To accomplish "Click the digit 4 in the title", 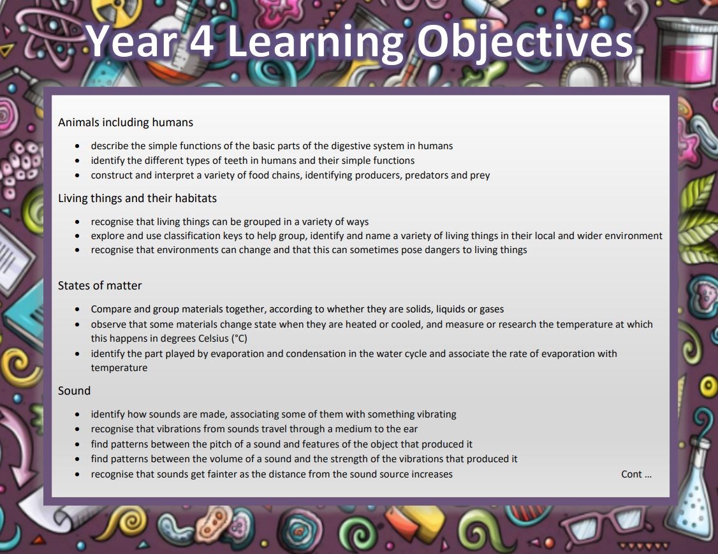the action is (201, 41).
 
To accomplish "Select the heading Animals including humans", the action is (126, 122).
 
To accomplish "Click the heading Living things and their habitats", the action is (137, 198).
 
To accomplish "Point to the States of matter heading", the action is (100, 286).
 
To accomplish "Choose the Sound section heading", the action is (74, 391).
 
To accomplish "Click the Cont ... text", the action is (636, 474).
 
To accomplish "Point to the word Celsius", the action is (214, 339).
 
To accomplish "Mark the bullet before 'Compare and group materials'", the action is (77, 309).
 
